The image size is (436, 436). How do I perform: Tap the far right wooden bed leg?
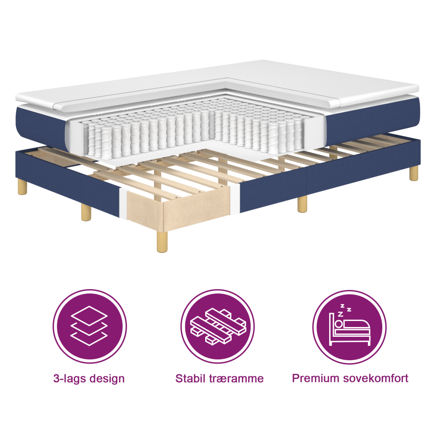(414, 173)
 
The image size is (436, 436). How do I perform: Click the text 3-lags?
(69, 379)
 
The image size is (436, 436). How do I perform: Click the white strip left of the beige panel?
(123, 204)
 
